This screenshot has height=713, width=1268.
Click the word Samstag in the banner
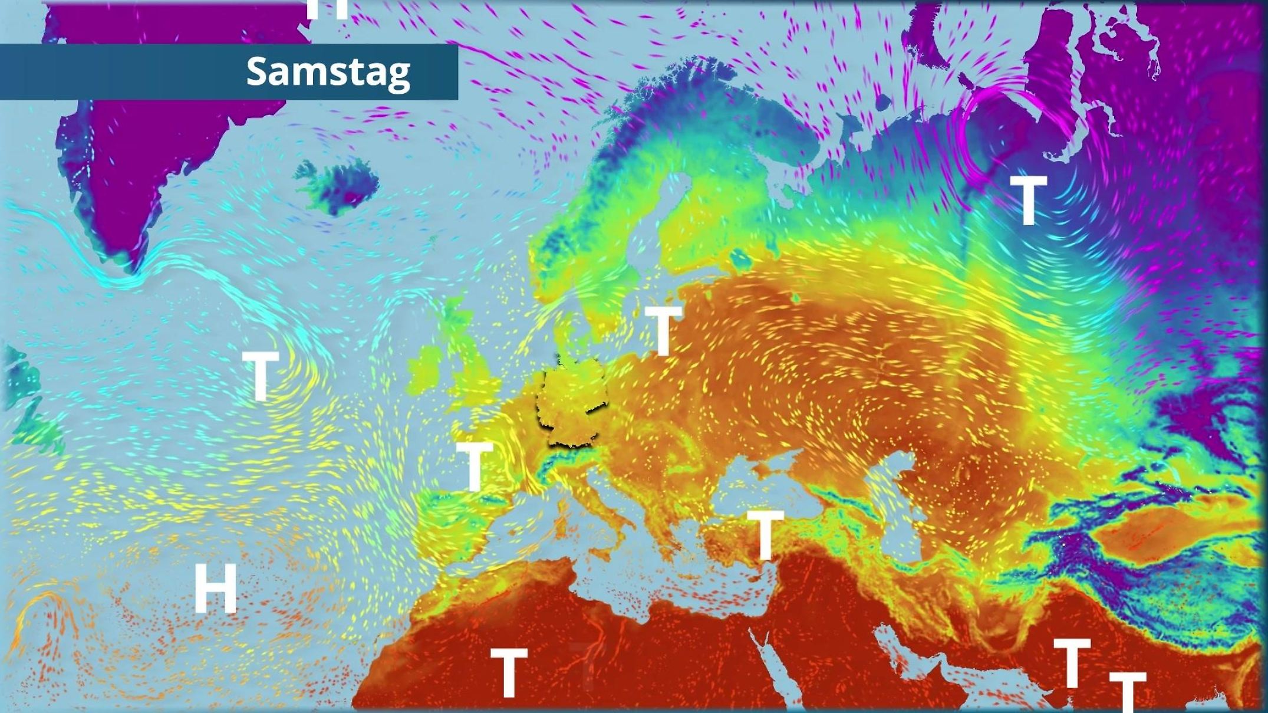click(328, 72)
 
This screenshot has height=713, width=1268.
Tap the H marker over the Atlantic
click(215, 588)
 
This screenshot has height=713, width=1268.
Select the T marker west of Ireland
click(260, 376)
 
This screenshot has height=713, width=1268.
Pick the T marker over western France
click(475, 466)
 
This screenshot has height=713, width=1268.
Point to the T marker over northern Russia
click(1029, 201)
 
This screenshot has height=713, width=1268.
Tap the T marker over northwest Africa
click(508, 672)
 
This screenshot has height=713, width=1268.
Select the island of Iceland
click(339, 183)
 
